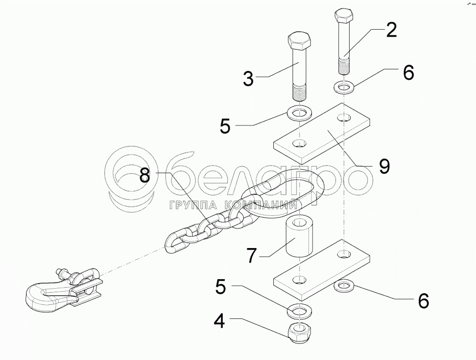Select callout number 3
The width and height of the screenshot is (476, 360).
coord(248,79)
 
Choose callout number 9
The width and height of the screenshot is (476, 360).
coord(384,166)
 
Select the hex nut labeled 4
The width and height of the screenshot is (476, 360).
coord(298,333)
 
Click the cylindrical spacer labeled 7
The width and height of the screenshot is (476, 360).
coord(299,235)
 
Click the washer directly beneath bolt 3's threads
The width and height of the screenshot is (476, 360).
coord(299,112)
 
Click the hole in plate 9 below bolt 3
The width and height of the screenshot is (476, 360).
coord(299,145)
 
